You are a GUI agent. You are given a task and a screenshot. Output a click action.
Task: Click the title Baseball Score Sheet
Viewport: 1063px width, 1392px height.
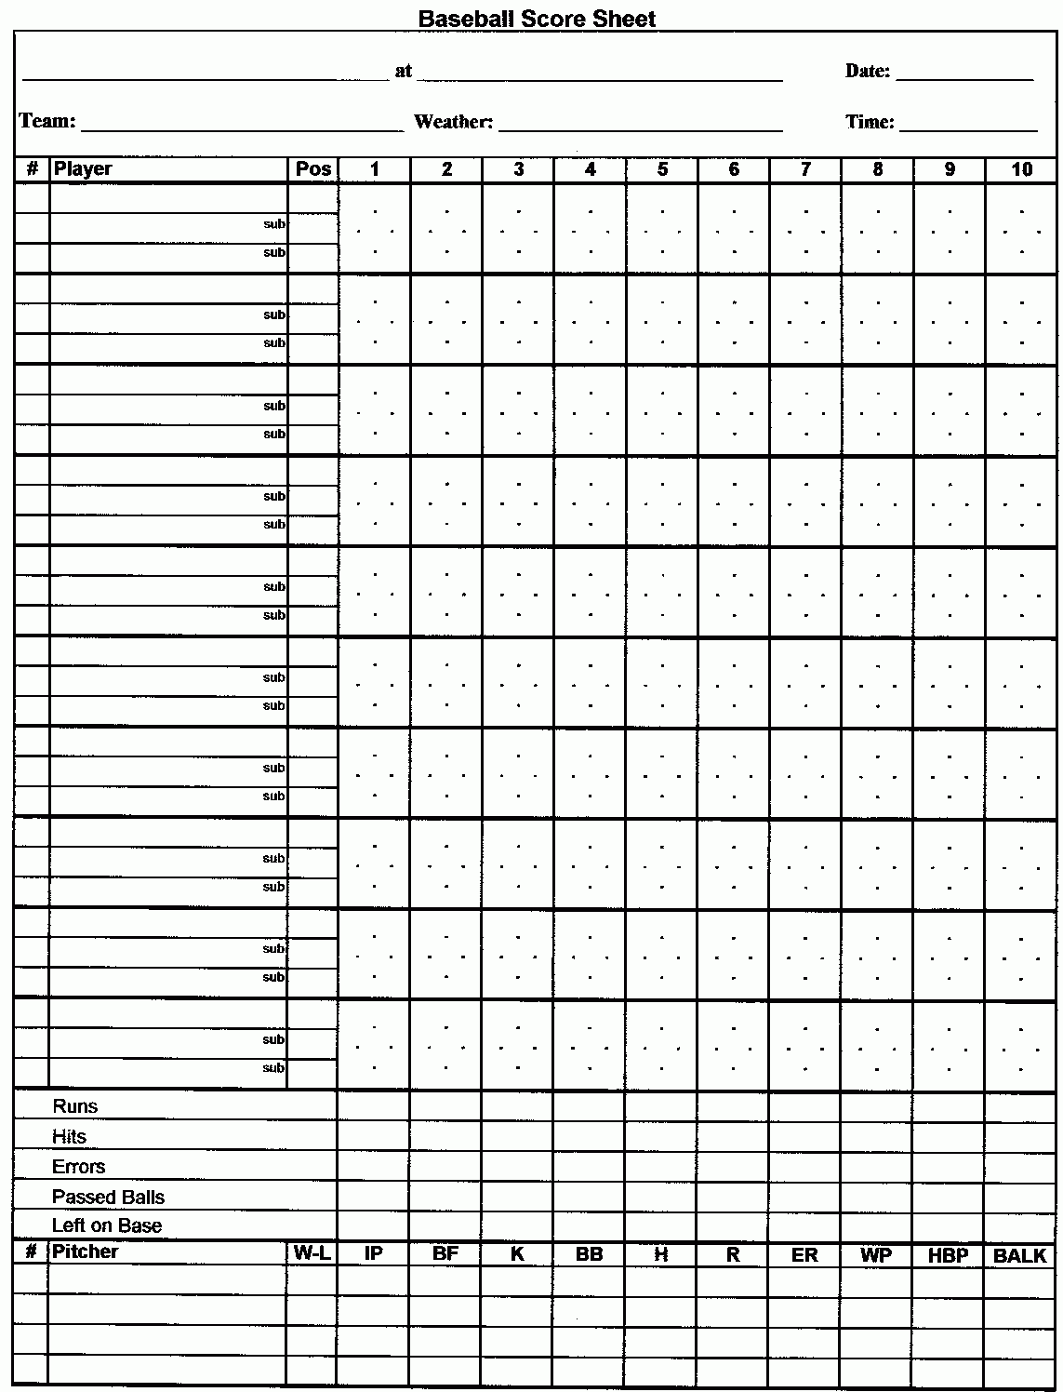pos(537,18)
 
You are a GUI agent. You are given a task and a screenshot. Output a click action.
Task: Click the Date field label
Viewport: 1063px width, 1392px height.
pos(867,71)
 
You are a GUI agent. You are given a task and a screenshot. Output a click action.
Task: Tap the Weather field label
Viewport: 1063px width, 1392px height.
pos(453,122)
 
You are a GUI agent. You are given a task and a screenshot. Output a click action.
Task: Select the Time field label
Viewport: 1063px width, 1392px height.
pos(870,122)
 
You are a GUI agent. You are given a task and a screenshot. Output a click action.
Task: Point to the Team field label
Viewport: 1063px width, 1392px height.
pos(47,121)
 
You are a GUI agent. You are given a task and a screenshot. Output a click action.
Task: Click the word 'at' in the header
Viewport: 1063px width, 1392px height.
pos(403,71)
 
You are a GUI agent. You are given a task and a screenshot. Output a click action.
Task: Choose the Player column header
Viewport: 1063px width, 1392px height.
pos(83,168)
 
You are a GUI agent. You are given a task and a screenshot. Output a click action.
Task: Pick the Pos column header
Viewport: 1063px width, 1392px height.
pos(313,168)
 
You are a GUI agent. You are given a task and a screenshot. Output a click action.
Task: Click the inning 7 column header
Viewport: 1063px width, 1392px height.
pos(805,168)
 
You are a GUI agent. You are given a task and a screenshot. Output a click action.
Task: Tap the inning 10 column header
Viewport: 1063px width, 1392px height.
pos(1021,168)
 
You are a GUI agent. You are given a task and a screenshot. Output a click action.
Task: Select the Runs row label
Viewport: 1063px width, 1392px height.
pos(74,1106)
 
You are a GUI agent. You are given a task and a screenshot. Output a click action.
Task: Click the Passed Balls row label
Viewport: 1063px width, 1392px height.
pos(108,1197)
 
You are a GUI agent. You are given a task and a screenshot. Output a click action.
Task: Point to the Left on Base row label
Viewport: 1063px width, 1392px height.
pos(107,1225)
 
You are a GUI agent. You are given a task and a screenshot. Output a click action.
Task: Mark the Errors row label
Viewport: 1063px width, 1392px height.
pos(79,1167)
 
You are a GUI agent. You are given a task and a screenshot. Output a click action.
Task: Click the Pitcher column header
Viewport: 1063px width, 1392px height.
pos(86,1251)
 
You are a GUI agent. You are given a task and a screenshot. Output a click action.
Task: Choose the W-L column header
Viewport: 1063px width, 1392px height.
pos(312,1252)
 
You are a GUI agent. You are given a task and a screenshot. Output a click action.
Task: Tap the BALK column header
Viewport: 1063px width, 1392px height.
pos(1020,1255)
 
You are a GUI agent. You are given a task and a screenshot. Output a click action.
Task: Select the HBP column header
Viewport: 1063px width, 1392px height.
pos(949,1255)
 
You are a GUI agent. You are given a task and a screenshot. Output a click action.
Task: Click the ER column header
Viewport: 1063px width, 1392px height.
pos(804,1254)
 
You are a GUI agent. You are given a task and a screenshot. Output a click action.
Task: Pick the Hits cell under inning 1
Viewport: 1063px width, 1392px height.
pos(374,1136)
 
